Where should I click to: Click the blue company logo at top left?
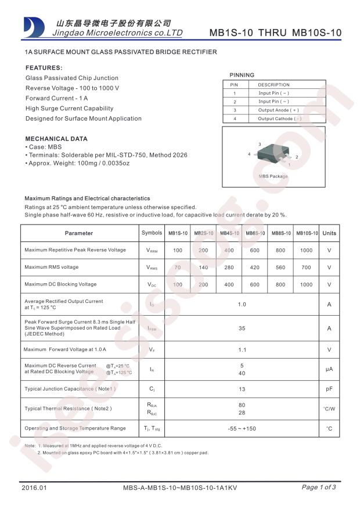pyautogui.click(x=34, y=27)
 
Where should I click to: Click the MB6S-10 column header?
pyautogui.click(x=256, y=233)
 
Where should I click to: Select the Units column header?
pyautogui.click(x=329, y=233)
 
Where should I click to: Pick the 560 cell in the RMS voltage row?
pyautogui.click(x=280, y=268)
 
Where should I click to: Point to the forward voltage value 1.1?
pyautogui.click(x=242, y=350)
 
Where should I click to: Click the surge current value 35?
pyautogui.click(x=242, y=328)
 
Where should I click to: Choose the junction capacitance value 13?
pyautogui.click(x=242, y=389)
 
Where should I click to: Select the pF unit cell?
pyautogui.click(x=329, y=389)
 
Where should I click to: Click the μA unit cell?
pyautogui.click(x=329, y=369)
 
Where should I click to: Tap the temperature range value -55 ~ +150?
pyautogui.click(x=242, y=428)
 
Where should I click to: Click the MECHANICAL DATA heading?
pyautogui.click(x=56, y=139)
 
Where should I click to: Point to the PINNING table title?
pyautogui.click(x=242, y=75)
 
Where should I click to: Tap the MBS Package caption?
pyautogui.click(x=273, y=176)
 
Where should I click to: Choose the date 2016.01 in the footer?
pyautogui.click(x=33, y=488)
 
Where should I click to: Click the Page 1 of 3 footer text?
pyautogui.click(x=319, y=488)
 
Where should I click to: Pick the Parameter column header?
pyautogui.click(x=79, y=233)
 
